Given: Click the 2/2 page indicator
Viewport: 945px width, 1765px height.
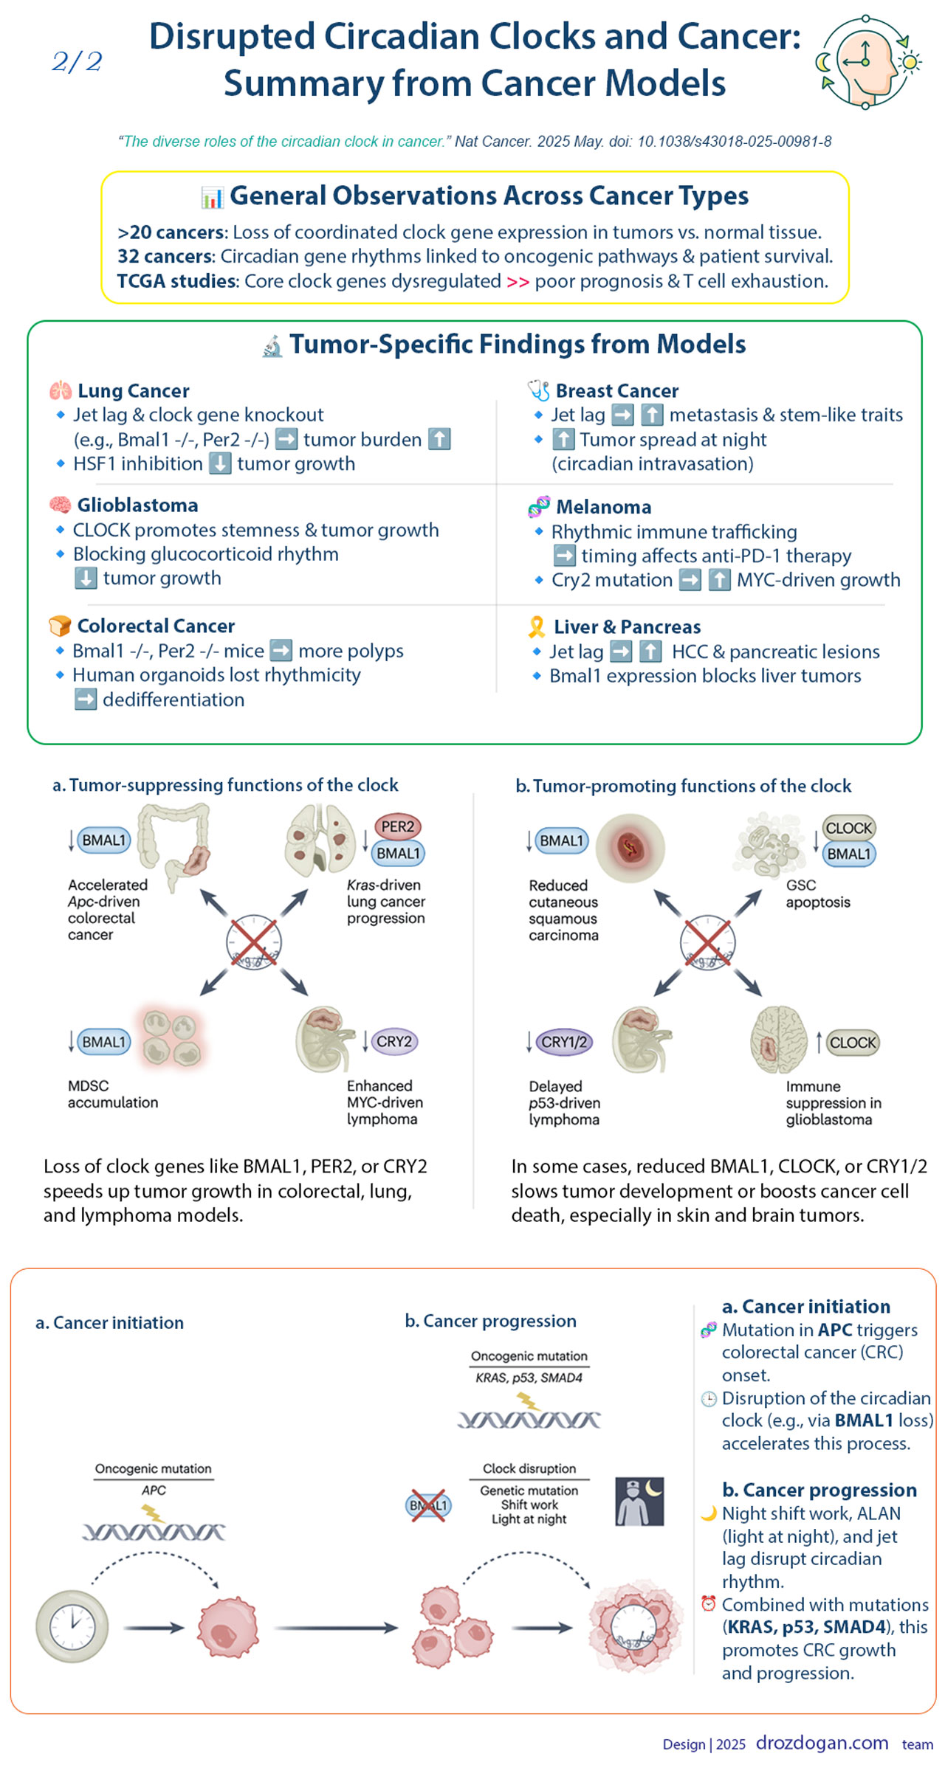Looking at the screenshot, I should tap(77, 61).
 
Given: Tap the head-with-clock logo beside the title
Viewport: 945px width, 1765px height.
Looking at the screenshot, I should tap(868, 63).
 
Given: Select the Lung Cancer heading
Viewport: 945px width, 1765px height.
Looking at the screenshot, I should tap(133, 390).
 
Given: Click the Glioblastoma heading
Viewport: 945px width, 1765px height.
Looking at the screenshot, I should tap(137, 505).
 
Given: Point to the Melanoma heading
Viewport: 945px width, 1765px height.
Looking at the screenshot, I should tap(603, 507).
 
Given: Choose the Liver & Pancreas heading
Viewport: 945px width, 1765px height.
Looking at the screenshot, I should tap(627, 626).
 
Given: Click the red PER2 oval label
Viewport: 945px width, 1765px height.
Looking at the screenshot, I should tap(397, 827).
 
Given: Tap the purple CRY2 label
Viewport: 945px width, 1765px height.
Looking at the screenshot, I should tap(394, 1041).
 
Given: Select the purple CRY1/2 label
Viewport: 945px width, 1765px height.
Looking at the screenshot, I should tap(564, 1042).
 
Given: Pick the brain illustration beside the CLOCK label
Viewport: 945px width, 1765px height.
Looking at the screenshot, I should tap(778, 1039).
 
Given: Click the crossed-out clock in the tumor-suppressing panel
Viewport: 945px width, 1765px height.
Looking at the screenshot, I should tap(253, 942).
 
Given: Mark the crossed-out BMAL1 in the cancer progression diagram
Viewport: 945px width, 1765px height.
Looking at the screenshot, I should tap(428, 1505).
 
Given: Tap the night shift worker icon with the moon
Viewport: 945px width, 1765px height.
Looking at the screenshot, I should tap(639, 1501).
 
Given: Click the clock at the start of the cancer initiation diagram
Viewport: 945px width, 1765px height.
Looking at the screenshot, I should tap(72, 1626).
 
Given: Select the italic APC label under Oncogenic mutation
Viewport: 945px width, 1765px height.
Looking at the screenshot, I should tap(154, 1490).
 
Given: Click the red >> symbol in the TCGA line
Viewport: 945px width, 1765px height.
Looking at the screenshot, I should tap(518, 282).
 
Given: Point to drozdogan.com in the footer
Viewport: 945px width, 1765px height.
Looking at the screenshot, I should tap(822, 1742).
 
